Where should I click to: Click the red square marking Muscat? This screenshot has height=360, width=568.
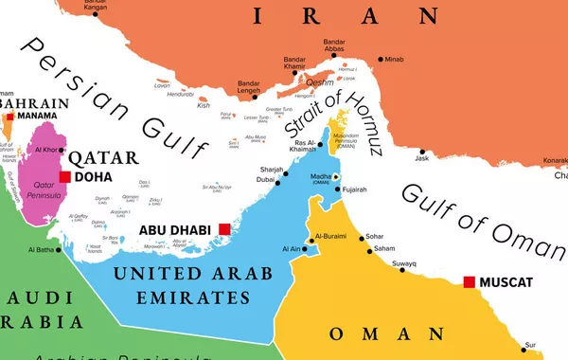point(468,281)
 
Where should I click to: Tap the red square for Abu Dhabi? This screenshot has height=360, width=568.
point(224,229)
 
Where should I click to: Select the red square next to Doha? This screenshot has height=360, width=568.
point(64,176)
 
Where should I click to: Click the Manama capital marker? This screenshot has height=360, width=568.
point(10,116)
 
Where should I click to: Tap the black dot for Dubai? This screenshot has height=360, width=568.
point(275,185)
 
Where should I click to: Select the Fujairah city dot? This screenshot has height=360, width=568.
point(338,189)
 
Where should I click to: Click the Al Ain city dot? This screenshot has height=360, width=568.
point(305,248)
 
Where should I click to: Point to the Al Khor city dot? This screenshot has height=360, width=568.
point(64,150)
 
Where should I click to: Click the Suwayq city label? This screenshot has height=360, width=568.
point(404,262)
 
